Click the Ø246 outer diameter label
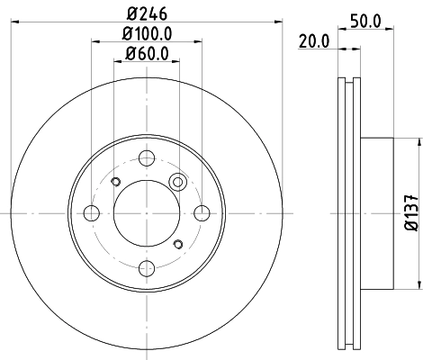147,13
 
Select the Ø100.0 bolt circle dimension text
147,33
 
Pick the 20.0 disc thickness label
314,41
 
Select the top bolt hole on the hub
147,157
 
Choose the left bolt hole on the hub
91,213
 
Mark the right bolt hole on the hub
202,213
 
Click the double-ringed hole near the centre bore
178,183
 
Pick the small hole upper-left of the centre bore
115,183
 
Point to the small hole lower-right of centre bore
178,243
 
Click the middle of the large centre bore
147,213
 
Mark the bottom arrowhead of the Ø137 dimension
418,286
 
